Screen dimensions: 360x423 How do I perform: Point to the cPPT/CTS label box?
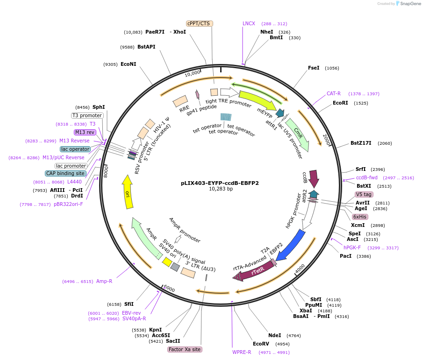point(200,23)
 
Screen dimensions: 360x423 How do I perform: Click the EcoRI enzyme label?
point(340,103)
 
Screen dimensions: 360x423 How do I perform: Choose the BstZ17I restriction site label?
point(361,143)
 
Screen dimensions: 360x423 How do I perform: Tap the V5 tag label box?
point(364,194)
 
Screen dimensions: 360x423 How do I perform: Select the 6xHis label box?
point(360,217)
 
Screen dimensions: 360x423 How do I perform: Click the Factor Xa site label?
point(185,349)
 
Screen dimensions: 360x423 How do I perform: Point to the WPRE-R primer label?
point(242,352)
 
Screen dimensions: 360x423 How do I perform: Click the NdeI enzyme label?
point(274,335)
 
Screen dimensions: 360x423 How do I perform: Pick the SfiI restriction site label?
point(129,304)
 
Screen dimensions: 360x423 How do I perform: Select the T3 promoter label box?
point(87,115)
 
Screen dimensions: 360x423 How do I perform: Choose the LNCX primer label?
point(249,23)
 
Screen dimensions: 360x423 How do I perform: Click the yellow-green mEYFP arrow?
point(257,101)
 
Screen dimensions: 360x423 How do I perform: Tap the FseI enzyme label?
point(314,68)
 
